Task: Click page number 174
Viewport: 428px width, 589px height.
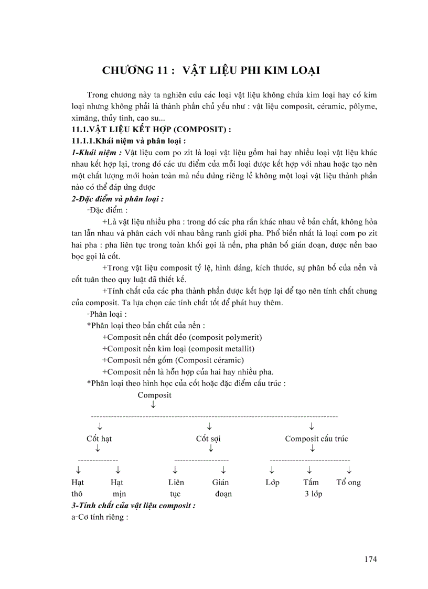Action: tap(370, 559)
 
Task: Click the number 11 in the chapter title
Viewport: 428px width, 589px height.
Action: tap(162, 70)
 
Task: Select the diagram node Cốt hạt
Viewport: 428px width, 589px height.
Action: tap(99, 438)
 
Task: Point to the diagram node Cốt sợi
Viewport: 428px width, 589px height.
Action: tap(208, 438)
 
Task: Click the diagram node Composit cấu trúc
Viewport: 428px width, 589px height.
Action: tap(316, 438)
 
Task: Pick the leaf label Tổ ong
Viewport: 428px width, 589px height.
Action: tap(348, 482)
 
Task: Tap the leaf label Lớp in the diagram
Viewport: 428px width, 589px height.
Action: tap(272, 482)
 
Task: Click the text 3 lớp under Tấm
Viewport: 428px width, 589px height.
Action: tap(313, 494)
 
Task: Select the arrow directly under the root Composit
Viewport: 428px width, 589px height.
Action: tap(153, 405)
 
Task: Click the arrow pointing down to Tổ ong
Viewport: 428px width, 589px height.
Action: tap(349, 469)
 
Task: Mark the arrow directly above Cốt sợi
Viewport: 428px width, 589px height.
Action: tap(209, 425)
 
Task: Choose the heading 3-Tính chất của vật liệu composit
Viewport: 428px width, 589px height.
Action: tap(133, 506)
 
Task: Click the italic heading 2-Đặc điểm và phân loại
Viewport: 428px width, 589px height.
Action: tap(117, 199)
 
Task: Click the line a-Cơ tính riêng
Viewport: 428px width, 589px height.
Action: tap(100, 518)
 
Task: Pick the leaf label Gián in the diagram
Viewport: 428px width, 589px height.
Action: tap(220, 482)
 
